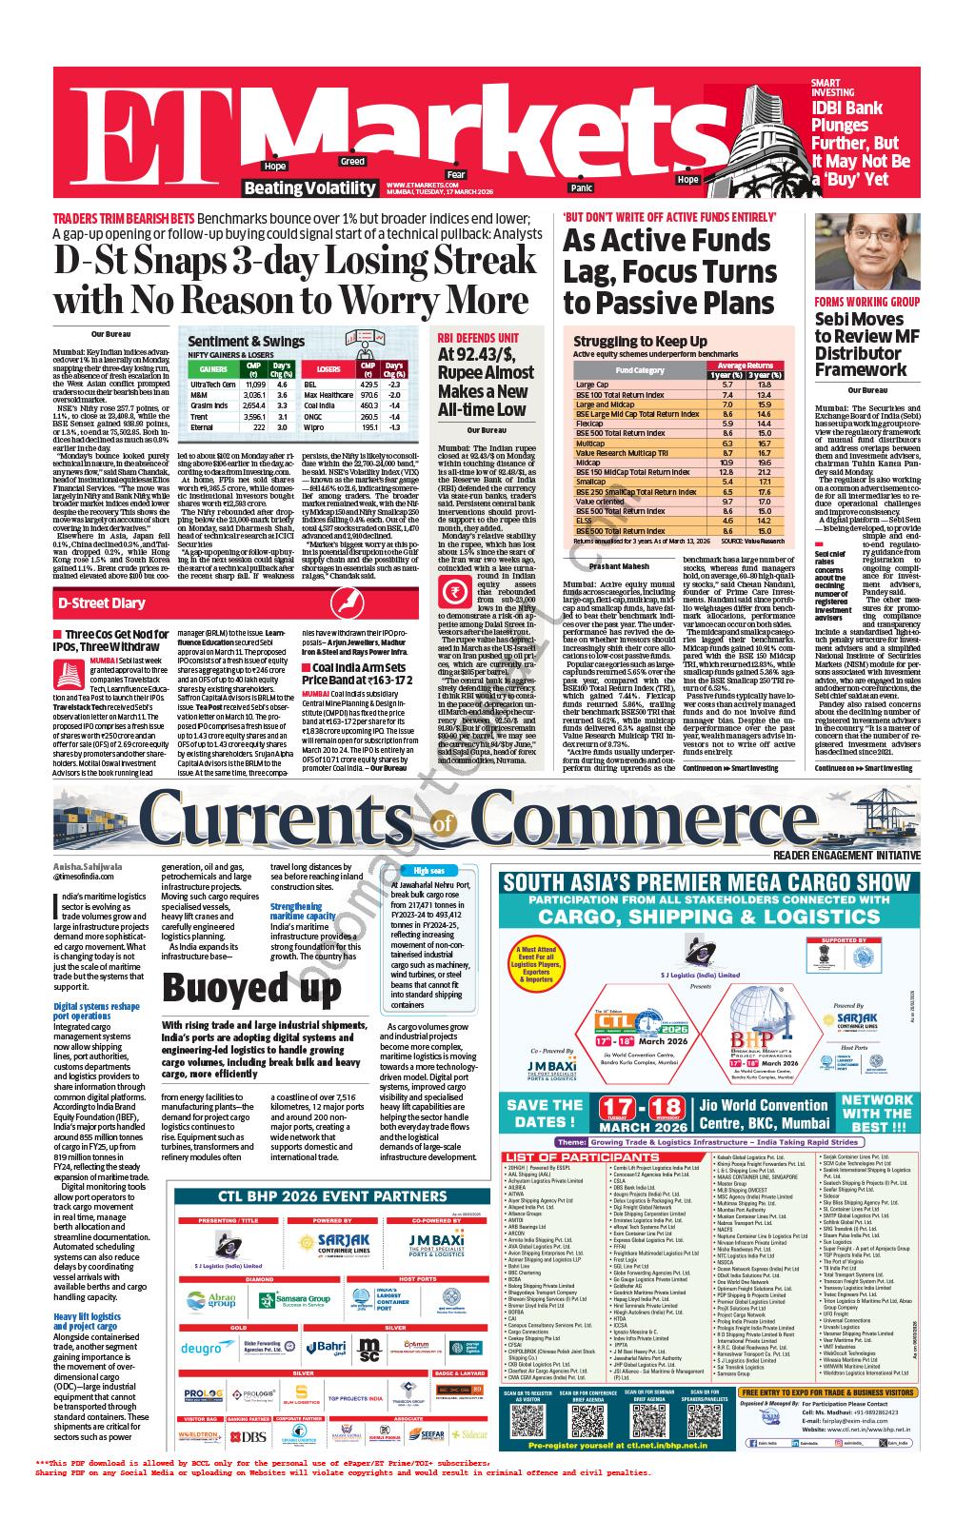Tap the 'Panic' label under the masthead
580,188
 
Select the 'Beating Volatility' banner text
309,188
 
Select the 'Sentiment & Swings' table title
247,341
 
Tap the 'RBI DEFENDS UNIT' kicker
478,338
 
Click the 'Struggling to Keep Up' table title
626,341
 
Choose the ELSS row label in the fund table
585,521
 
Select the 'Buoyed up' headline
251,988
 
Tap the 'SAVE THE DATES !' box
545,1113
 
